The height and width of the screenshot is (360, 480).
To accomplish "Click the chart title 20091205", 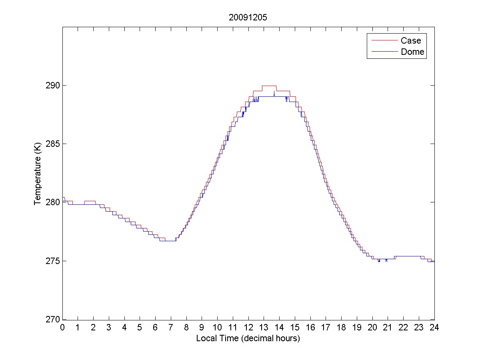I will [x=248, y=18].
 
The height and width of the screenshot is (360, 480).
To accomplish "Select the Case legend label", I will [x=410, y=40].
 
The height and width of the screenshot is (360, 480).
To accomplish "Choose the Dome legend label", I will [x=412, y=52].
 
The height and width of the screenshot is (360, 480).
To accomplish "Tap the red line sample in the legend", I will [x=384, y=40].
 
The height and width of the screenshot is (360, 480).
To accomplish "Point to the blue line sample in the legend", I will [x=384, y=52].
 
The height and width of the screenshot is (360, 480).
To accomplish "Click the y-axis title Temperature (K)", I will [x=38, y=173].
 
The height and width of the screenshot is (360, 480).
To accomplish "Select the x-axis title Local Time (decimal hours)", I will [x=248, y=338].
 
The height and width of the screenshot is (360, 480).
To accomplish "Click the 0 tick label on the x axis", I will [x=62, y=328].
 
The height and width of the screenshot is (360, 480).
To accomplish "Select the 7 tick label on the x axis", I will [x=171, y=328].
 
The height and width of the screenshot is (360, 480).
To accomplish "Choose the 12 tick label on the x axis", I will [x=248, y=328].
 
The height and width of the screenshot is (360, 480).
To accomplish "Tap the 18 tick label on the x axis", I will [x=341, y=328].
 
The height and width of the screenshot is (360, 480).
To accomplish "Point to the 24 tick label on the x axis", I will [x=434, y=328].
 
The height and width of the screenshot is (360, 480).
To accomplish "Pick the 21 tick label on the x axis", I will [x=388, y=328].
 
